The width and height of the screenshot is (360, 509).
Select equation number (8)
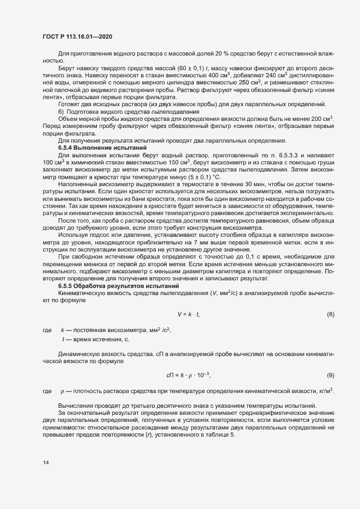(x=330, y=314)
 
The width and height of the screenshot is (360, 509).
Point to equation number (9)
(x=330, y=375)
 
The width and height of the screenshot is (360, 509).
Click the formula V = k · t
(x=188, y=314)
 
